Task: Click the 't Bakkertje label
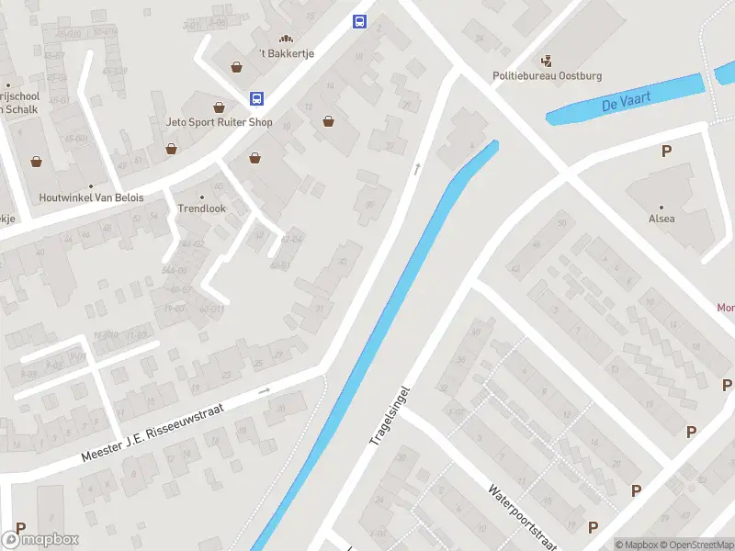click(287, 53)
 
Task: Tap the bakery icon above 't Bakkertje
click(286, 39)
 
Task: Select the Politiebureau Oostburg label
click(547, 76)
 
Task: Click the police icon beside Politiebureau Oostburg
click(548, 62)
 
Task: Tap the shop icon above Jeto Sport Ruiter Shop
click(219, 107)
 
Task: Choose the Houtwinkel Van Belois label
click(91, 197)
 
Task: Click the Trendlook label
click(201, 208)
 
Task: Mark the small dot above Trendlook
click(201, 196)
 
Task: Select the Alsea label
click(661, 219)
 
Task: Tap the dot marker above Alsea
click(661, 207)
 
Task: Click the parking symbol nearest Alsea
click(666, 152)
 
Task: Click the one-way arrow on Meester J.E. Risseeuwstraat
click(265, 391)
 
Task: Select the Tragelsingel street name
click(389, 416)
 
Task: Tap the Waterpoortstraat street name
click(523, 517)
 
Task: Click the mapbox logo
click(40, 540)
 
